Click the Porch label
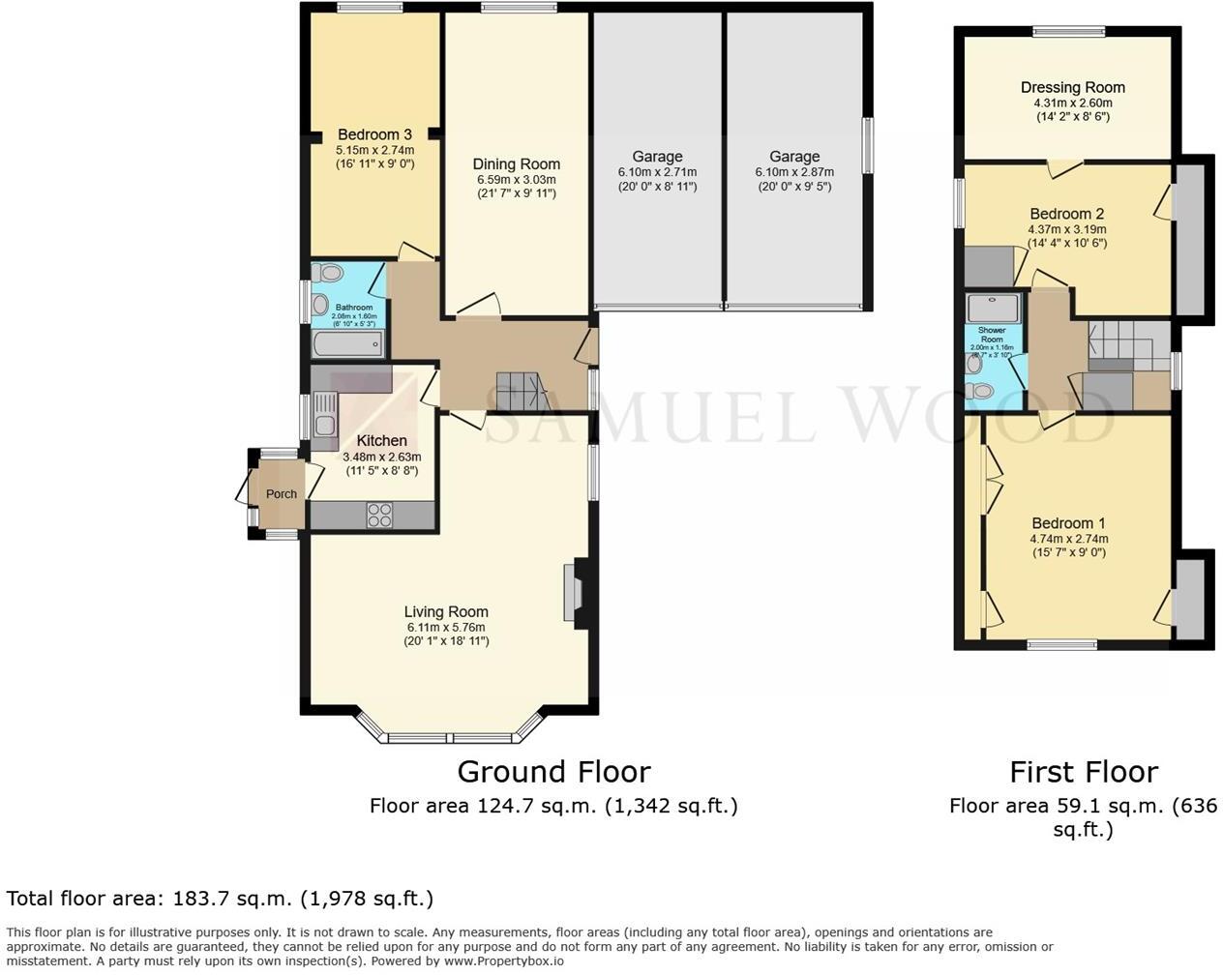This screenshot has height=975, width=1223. pos(282,494)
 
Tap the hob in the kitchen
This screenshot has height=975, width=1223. pos(379,515)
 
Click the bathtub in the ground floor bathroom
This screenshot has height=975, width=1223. pos(347,344)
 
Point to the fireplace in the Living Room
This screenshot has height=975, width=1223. pos(572,593)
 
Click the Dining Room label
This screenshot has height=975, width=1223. pos(516,164)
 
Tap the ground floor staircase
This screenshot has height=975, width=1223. pos(522,393)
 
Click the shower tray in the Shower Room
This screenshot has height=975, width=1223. pos(993,309)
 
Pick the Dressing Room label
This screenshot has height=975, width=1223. pos(1072,88)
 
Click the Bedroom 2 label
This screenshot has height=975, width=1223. pos(1066,214)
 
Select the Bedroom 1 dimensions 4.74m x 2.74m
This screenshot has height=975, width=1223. pos(1068,539)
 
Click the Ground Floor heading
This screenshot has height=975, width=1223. pos(553,772)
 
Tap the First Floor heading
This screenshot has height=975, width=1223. pos(1083,772)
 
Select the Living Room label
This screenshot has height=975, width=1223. pos(446,611)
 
